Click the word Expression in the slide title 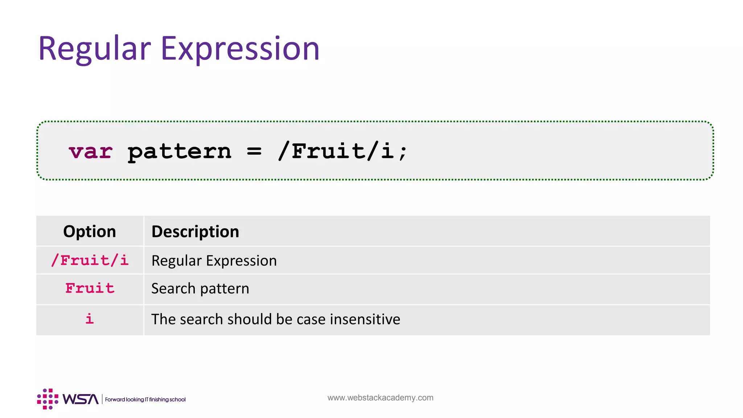point(240,49)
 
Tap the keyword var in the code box point(91,152)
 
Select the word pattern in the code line point(179,152)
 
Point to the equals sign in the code point(254,152)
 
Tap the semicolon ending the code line point(403,152)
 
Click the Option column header point(90,231)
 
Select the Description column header point(195,231)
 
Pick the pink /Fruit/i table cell point(90,260)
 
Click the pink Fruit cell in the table point(90,288)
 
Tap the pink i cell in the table point(89,319)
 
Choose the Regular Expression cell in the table point(214,261)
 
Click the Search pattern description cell point(200,288)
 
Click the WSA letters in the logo point(81,399)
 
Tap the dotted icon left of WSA point(48,399)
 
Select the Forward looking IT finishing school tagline point(145,399)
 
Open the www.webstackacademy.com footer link point(380,398)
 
